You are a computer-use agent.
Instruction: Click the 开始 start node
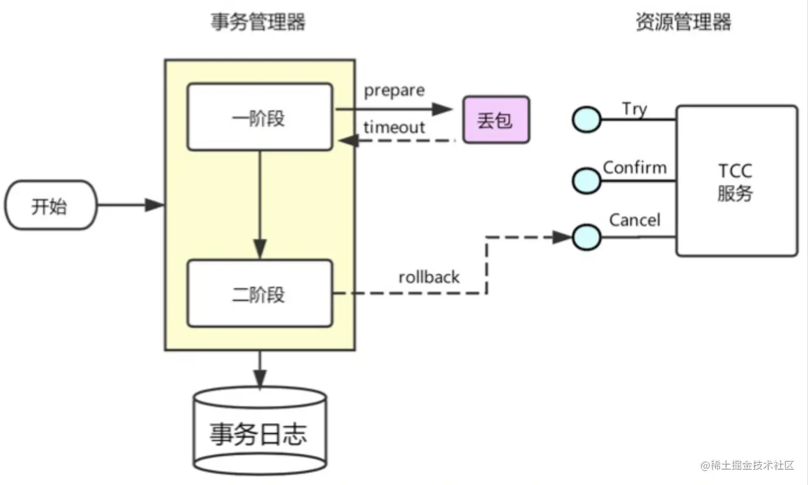click(51, 205)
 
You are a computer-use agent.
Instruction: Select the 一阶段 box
click(260, 116)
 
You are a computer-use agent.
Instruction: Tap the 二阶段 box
click(260, 293)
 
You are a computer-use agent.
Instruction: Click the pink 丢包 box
click(496, 119)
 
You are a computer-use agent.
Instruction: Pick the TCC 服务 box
click(737, 181)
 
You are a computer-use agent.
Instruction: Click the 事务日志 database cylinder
click(260, 431)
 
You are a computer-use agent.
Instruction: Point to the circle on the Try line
click(586, 119)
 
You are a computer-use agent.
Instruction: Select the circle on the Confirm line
click(586, 181)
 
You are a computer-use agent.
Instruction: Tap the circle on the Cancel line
click(586, 237)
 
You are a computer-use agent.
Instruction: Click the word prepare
click(394, 91)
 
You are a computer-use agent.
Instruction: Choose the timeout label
click(394, 127)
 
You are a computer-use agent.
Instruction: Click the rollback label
click(429, 278)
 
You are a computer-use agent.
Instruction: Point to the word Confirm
click(635, 168)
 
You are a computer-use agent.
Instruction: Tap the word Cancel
click(635, 220)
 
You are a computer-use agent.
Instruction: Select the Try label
click(634, 109)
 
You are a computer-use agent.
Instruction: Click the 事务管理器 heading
click(258, 22)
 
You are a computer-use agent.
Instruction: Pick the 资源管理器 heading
click(683, 22)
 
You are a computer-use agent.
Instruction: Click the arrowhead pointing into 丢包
click(443, 109)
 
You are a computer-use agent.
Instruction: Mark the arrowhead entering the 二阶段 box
click(260, 248)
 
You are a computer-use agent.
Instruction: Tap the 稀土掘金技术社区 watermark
click(747, 465)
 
